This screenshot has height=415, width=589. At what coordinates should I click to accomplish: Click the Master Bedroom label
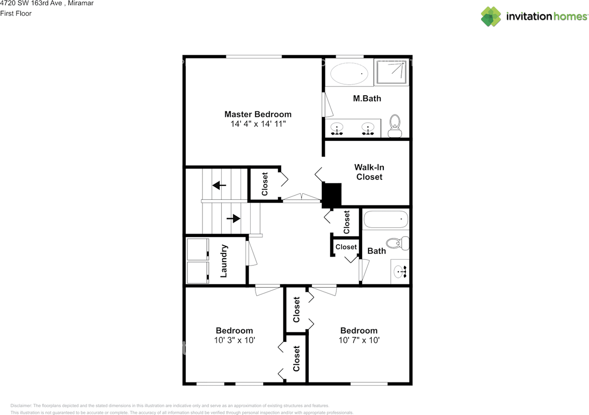coord(258,114)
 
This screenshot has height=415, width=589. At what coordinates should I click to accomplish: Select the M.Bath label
coord(367,98)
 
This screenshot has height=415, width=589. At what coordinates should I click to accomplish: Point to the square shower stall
coord(391,72)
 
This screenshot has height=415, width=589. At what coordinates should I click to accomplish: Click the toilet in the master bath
coord(395,126)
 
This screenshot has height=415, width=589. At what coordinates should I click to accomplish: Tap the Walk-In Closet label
coord(369,172)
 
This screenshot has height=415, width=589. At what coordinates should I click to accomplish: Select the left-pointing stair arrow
coord(219,185)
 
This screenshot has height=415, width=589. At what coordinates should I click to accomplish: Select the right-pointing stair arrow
coord(234,218)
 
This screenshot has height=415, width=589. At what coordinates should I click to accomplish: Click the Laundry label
coord(224,260)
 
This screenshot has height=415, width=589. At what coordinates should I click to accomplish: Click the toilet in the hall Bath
coord(398,243)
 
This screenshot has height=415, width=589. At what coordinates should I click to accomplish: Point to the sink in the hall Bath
coord(399,272)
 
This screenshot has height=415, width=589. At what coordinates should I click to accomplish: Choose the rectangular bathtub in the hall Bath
coord(386,219)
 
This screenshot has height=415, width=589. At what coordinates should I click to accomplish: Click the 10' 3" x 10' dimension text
coord(234,340)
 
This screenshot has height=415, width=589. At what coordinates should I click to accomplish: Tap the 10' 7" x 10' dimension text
coord(359,340)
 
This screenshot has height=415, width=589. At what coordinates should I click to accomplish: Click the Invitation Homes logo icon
coord(491,17)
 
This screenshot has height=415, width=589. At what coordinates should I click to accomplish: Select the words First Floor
coord(16,13)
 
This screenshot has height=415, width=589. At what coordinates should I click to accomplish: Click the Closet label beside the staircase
coord(265,184)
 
